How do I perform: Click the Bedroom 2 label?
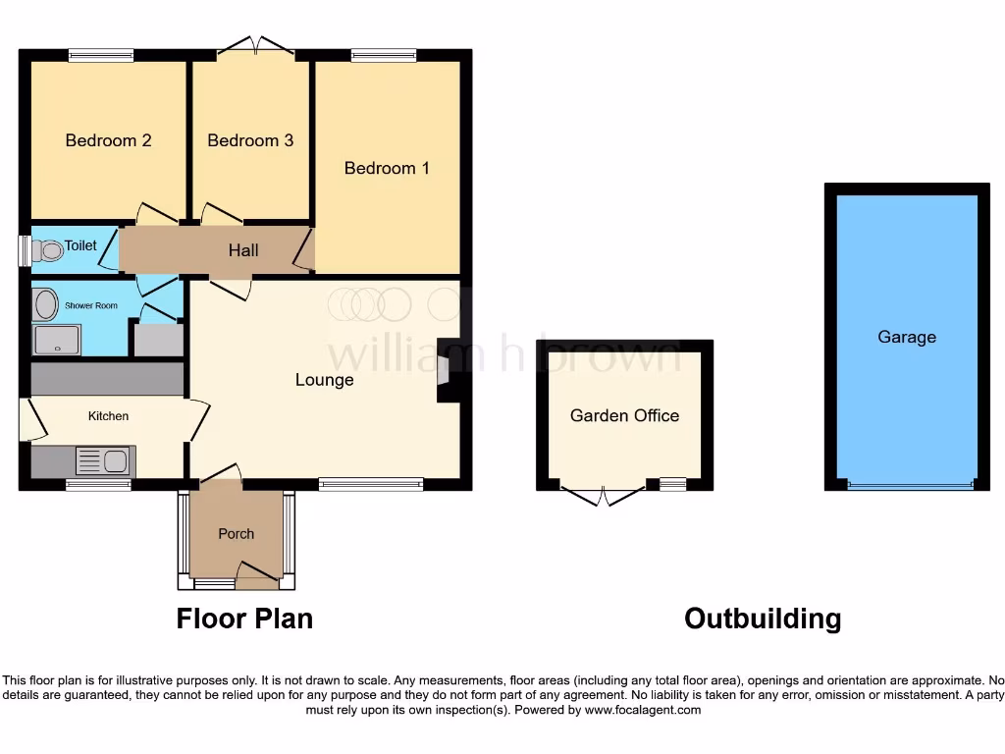pos(108,140)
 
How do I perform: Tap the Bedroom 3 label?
pos(250,140)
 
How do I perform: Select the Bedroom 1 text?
pos(387,168)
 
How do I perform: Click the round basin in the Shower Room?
pos(45,304)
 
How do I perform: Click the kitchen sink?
pos(102,460)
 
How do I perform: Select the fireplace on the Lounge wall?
pos(444,371)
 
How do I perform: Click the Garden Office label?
pos(624,415)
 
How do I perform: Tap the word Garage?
pos(907,337)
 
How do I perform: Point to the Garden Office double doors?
pos(605,493)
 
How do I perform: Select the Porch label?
pos(236,534)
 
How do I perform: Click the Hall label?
pos(243,250)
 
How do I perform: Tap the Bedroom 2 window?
pos(101,55)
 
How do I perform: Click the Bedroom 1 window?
pos(384,55)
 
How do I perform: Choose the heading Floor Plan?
pos(244,619)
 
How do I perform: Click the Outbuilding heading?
pos(763,619)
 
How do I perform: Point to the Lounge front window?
pos(371,482)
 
